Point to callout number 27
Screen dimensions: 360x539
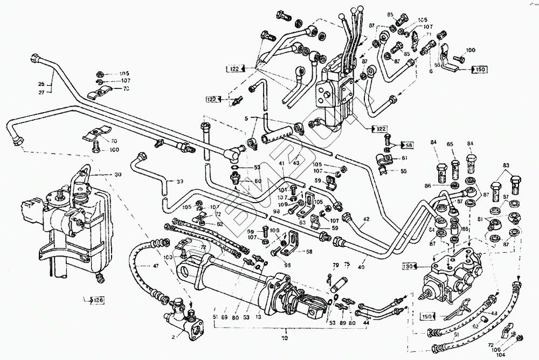point(41,92)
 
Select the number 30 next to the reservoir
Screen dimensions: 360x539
point(118,175)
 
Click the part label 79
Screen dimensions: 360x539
point(335,265)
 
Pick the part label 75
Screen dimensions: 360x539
point(347,265)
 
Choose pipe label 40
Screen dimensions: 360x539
point(361,264)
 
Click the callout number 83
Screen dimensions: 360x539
point(506,165)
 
